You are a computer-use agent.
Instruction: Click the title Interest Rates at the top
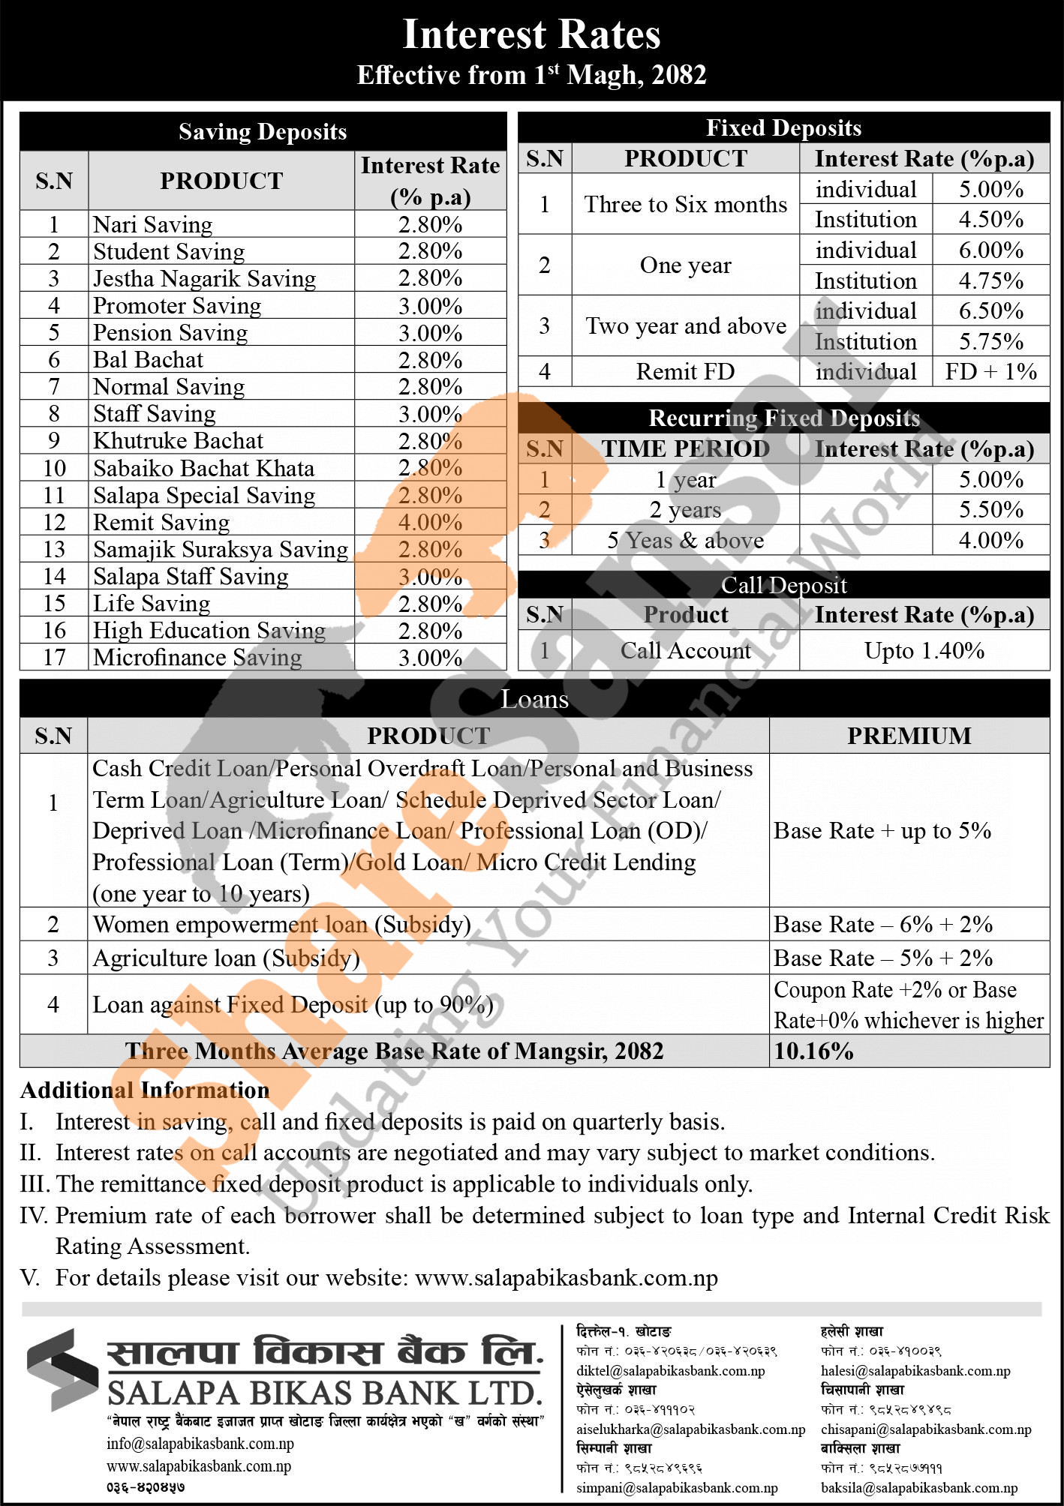(531, 34)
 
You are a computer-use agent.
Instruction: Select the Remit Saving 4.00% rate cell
(430, 522)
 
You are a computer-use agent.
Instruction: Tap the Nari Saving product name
(153, 224)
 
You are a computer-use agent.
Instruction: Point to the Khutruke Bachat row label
(178, 440)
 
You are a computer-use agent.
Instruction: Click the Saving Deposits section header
(263, 132)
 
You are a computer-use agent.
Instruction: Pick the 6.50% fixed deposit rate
(990, 310)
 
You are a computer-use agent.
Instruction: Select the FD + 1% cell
(990, 371)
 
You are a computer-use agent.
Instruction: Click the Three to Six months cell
(685, 204)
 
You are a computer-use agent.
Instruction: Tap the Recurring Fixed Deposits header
(783, 418)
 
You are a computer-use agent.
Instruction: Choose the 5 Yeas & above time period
(685, 540)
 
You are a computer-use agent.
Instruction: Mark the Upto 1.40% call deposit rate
(924, 650)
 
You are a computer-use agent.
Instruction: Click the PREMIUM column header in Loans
(909, 736)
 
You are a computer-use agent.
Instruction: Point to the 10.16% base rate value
(814, 1051)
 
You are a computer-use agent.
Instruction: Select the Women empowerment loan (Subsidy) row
(281, 924)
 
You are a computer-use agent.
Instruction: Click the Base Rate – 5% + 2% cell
(883, 958)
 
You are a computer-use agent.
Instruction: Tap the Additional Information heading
(145, 1090)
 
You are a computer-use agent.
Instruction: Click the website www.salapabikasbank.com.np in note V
(567, 1277)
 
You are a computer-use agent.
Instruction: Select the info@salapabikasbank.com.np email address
(200, 1444)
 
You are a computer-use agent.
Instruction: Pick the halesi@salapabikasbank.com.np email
(915, 1370)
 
